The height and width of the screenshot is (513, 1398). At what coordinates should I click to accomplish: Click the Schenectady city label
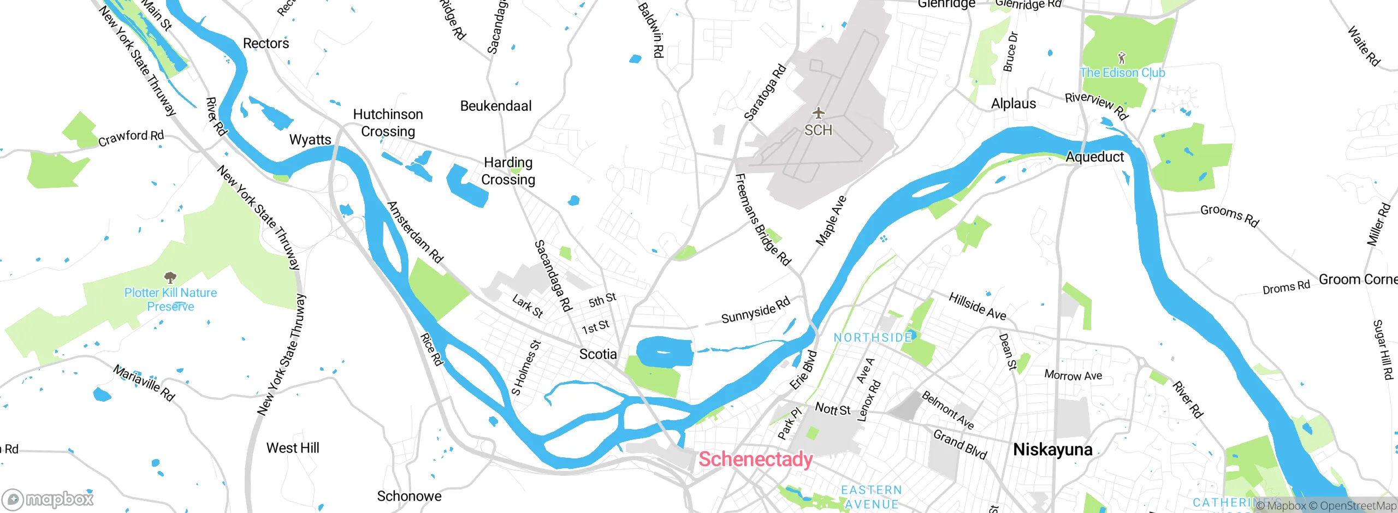(755, 459)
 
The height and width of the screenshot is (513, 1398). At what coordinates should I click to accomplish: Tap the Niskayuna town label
(1052, 449)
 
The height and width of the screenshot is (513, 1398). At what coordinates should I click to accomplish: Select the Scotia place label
(598, 354)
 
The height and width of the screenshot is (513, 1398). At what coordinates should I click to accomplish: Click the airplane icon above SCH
(818, 113)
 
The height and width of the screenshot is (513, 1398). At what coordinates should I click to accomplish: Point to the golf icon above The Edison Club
(1122, 57)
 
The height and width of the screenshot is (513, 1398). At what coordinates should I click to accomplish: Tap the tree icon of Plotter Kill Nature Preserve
(170, 277)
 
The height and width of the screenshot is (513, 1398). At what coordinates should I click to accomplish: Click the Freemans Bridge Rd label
(762, 219)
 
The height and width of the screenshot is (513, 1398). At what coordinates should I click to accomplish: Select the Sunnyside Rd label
(755, 311)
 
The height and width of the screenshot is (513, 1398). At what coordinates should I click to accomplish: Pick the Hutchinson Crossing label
(388, 123)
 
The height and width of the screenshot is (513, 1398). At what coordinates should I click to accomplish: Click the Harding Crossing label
(508, 171)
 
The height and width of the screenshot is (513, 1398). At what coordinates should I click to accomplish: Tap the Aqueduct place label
(1094, 157)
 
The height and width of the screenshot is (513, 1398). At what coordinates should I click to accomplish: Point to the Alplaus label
(1013, 104)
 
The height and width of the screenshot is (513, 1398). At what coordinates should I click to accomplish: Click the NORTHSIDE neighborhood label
(873, 338)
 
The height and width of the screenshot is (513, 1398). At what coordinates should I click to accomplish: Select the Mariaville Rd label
(144, 383)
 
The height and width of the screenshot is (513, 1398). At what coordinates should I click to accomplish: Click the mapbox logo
(48, 499)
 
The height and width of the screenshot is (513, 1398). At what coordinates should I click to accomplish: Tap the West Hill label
(293, 448)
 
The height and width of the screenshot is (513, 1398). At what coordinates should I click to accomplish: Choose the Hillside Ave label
(977, 307)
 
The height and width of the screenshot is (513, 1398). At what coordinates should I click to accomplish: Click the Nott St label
(832, 409)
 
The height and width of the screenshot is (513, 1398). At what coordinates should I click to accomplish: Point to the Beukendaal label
(495, 106)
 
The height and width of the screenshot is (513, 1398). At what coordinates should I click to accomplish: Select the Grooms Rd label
(1229, 216)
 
